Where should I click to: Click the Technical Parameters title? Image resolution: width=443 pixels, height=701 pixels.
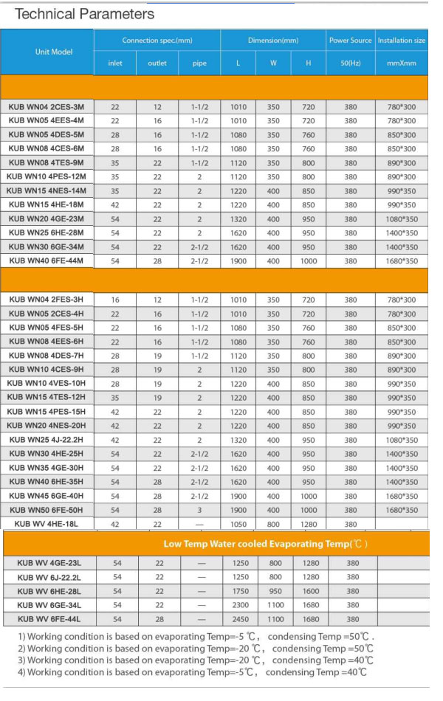[84, 14]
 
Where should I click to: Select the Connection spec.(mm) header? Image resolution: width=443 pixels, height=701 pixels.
[157, 41]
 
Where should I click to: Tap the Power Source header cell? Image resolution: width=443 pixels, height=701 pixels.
[350, 41]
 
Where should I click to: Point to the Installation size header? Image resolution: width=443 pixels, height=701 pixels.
[402, 41]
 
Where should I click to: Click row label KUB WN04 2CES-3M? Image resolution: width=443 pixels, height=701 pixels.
[47, 107]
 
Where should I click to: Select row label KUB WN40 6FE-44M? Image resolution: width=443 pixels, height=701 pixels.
[47, 261]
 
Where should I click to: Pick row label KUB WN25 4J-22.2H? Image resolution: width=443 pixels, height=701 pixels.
[47, 440]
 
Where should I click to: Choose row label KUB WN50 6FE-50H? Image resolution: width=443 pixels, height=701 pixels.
[47, 510]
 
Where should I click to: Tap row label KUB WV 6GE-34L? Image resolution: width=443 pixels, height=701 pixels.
[49, 605]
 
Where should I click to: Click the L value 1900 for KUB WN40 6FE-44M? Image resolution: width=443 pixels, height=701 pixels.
[238, 261]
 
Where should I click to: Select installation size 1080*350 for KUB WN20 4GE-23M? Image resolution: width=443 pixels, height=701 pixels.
[402, 219]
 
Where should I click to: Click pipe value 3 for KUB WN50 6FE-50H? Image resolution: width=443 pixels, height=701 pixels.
[199, 510]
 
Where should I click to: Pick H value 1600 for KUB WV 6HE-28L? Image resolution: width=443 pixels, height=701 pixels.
[311, 591]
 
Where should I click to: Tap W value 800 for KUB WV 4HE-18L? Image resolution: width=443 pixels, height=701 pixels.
[273, 524]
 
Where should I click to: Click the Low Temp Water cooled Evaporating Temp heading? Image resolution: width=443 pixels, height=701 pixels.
[265, 544]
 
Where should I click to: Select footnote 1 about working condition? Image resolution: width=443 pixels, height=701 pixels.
[196, 636]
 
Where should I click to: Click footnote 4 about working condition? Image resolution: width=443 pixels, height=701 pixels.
[192, 672]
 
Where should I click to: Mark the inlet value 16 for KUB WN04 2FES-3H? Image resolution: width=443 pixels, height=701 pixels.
[115, 300]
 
